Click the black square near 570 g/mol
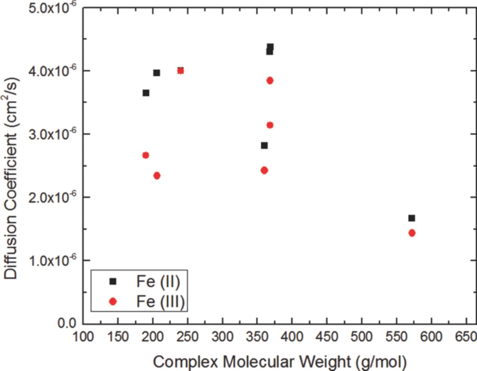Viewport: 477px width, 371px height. point(411,218)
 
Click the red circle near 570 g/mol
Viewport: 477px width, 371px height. point(412,233)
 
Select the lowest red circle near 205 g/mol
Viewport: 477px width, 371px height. point(157,176)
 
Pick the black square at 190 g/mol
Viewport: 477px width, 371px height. point(146,93)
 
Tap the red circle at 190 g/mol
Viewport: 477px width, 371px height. point(146,155)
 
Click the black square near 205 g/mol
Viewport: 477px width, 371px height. point(157,73)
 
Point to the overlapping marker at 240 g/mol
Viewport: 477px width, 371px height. point(180,70)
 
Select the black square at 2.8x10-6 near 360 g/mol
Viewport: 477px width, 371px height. point(264,145)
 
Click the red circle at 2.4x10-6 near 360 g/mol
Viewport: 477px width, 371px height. point(264,170)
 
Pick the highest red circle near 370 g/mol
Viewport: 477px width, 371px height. point(270,80)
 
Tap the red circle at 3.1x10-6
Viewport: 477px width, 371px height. point(270,125)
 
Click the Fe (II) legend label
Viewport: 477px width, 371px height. point(158,282)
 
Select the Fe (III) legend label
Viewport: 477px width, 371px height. point(160,301)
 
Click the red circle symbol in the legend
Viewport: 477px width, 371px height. point(113,302)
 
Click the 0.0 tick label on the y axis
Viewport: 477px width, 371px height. point(67,323)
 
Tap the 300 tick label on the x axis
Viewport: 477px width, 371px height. point(222,337)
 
